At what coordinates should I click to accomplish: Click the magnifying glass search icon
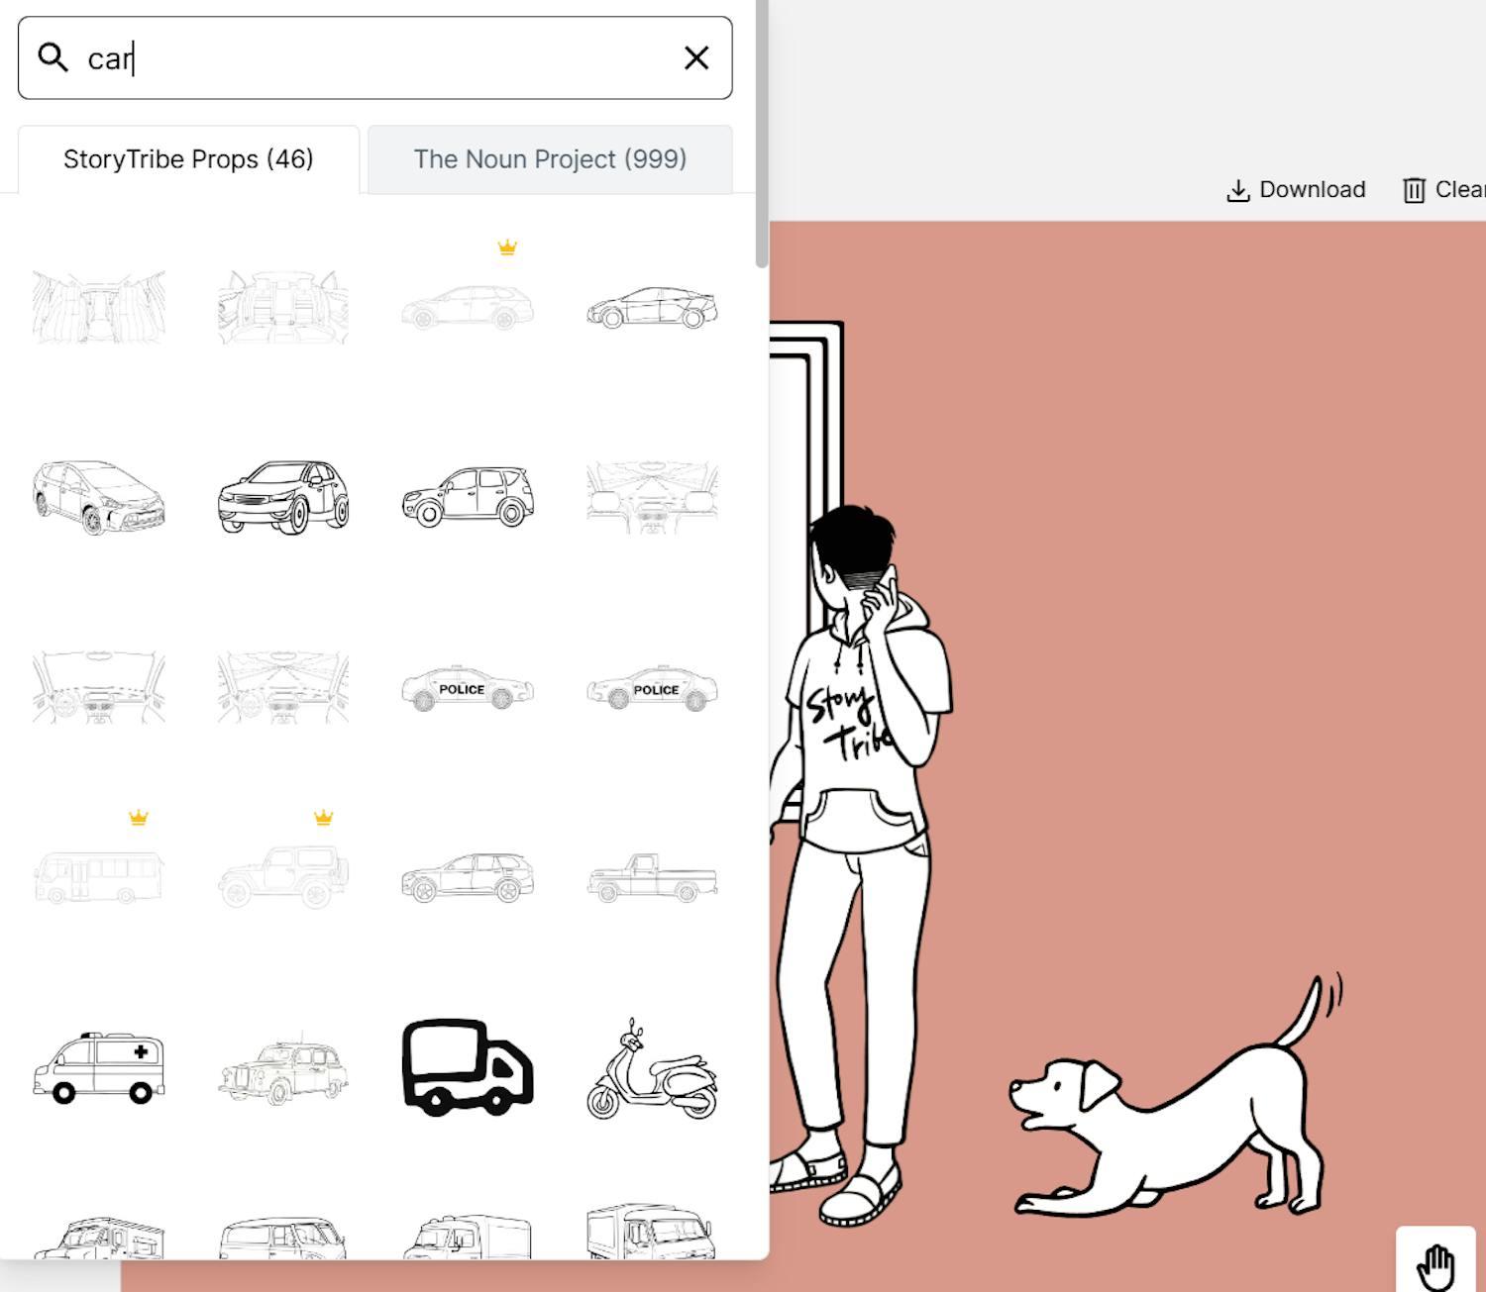(x=53, y=57)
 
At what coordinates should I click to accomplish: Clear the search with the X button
(x=695, y=57)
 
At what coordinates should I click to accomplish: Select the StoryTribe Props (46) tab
(x=188, y=159)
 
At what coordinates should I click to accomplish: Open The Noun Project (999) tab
(x=550, y=159)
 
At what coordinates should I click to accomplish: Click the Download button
(x=1296, y=189)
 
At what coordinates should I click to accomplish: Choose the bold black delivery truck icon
(x=467, y=1066)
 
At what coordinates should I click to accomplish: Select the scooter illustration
(x=652, y=1069)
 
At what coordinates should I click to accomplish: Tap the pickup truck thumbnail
(x=652, y=877)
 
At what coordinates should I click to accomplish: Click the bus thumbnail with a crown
(x=99, y=877)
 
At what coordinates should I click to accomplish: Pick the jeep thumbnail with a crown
(x=283, y=876)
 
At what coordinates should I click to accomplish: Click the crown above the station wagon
(x=507, y=248)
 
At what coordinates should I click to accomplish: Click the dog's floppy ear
(x=1099, y=1085)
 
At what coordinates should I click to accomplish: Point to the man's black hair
(x=853, y=538)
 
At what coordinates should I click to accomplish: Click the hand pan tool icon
(x=1435, y=1267)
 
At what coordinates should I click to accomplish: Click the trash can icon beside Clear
(x=1414, y=190)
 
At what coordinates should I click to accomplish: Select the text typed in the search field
(x=109, y=58)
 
